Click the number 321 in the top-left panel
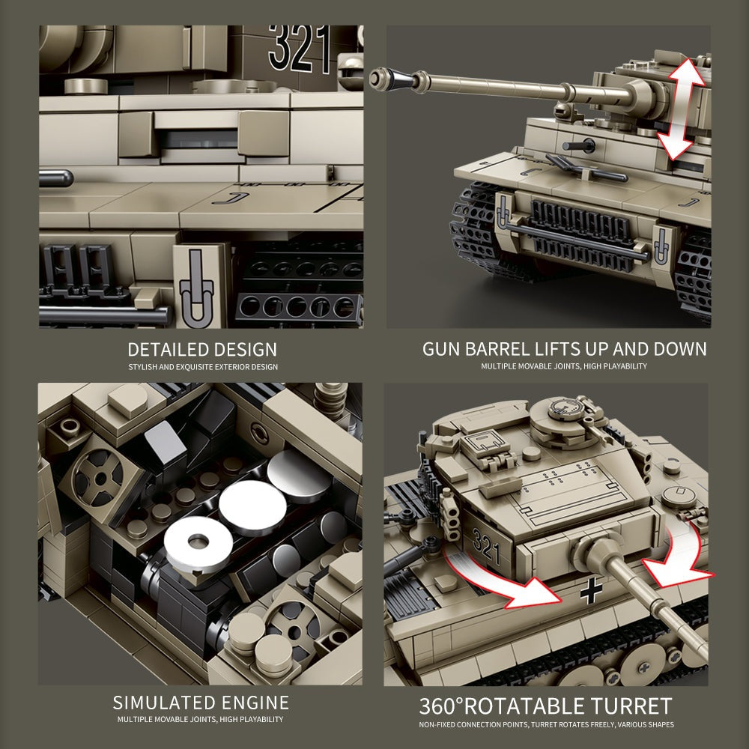[300, 48]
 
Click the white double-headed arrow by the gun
[681, 110]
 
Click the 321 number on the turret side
[486, 550]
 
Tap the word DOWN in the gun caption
[677, 349]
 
